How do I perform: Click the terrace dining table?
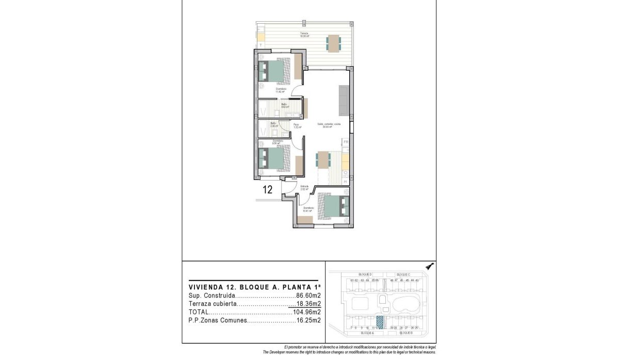point(333,43)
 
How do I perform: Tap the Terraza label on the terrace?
point(305,35)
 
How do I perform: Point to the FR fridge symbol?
point(346,142)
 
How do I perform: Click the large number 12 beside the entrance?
point(267,189)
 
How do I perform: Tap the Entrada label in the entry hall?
point(304,187)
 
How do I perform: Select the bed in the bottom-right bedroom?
point(333,207)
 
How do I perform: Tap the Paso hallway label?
point(297,125)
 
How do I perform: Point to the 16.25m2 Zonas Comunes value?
point(308,320)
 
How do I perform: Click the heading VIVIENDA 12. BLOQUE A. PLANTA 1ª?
point(255,287)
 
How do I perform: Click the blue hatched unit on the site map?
point(381,322)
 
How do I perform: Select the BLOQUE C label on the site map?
point(403,274)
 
